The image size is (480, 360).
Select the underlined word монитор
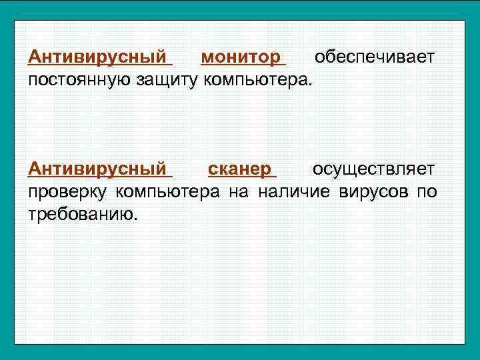241,57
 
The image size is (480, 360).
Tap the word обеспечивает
375,57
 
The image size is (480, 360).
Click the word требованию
79,215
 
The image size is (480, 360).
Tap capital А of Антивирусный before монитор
35,57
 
